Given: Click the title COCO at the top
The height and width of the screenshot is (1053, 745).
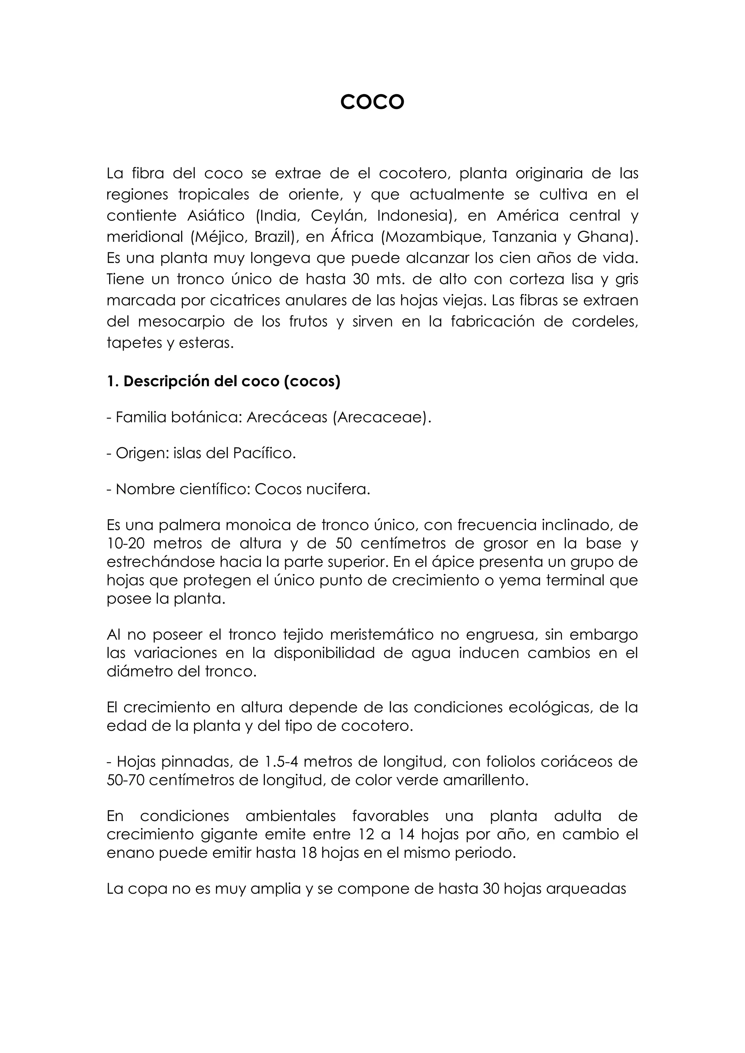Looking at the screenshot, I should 372,102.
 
